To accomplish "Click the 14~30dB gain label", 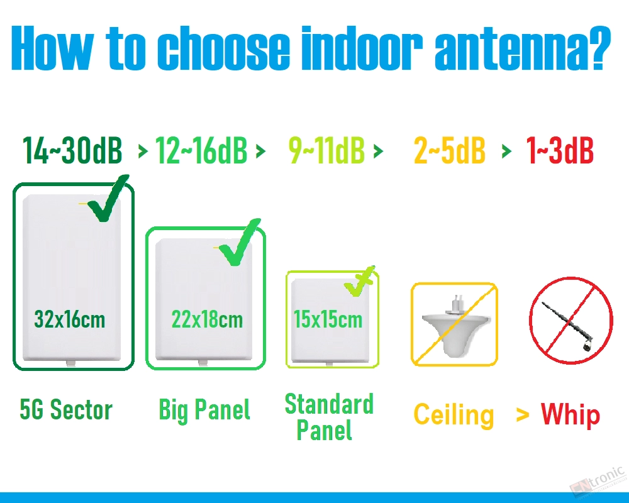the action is pos(72,150).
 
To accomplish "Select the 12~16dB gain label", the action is pos(201,150).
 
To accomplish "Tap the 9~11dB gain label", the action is pos(326,150).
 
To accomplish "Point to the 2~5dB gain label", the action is pos(449,150).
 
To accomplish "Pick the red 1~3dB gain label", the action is pos(560,150).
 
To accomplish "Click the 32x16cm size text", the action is pos(70,319).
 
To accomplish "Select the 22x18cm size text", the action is pos(207,319).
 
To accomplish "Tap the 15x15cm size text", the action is pos(328,319).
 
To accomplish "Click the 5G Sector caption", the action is pos(66,409).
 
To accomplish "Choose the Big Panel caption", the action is pos(204,409).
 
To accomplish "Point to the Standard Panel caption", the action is pos(329,417).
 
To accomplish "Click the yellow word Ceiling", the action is pos(454,415).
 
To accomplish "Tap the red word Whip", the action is pos(571,415).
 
